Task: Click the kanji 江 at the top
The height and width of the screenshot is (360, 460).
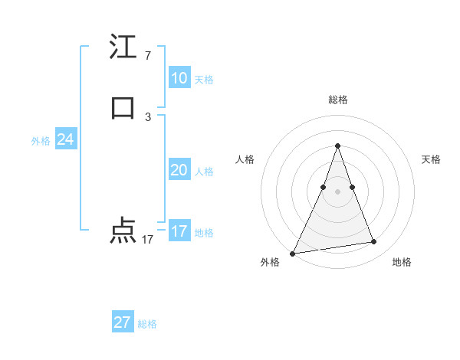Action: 123,47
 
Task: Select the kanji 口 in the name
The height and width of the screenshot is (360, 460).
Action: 123,107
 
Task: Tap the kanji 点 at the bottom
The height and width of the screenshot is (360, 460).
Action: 123,231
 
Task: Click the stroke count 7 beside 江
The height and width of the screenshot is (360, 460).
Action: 147,56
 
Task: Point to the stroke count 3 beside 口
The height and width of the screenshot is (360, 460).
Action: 147,116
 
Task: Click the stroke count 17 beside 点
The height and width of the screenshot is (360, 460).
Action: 147,240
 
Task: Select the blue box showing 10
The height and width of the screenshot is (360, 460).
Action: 179,78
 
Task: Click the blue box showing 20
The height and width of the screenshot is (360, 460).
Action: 179,170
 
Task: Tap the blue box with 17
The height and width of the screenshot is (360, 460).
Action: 179,231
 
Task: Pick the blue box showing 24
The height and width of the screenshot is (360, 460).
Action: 65,139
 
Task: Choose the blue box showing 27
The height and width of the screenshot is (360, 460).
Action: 123,322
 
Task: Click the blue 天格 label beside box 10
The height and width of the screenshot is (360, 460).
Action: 204,80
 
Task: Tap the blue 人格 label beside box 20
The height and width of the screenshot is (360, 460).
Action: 204,172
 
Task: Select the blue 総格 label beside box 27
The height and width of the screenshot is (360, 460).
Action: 147,324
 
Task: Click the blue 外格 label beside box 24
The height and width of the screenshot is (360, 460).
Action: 41,141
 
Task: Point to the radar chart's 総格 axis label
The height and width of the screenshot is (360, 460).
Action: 337,100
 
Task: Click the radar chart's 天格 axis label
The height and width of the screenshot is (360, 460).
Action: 431,159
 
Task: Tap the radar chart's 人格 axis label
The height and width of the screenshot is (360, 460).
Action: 245,159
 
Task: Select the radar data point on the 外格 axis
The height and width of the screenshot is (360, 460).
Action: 293,253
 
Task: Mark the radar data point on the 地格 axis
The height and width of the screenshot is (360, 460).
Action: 374,242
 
